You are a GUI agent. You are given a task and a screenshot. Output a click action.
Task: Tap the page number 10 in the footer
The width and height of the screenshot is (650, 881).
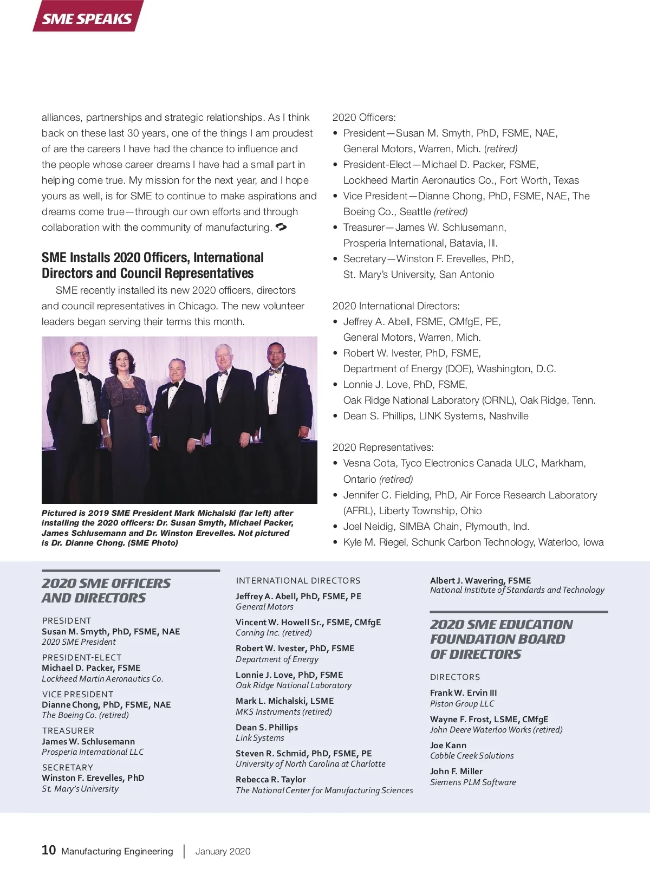point(48,850)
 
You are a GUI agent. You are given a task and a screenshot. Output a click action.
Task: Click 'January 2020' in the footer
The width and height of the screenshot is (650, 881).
point(223,851)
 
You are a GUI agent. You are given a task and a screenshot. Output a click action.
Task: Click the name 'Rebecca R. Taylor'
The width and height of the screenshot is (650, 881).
point(271,779)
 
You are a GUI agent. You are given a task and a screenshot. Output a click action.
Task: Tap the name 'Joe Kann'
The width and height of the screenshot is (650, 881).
point(448,745)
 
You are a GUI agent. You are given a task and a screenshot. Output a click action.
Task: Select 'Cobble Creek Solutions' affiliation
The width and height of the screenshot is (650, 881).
point(472,755)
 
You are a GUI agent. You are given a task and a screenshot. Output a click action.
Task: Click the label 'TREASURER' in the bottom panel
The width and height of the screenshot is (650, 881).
point(68,730)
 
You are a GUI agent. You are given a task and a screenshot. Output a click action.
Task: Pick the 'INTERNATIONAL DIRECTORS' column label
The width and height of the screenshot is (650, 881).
point(298,580)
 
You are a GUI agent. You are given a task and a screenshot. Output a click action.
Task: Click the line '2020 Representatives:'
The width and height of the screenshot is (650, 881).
point(383,448)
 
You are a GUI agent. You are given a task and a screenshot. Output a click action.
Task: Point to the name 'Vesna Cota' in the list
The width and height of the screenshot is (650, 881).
point(369,463)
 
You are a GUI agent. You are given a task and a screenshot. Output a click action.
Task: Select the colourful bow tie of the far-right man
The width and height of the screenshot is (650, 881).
point(276,371)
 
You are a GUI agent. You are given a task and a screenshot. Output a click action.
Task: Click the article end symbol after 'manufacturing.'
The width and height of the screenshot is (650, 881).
point(281,227)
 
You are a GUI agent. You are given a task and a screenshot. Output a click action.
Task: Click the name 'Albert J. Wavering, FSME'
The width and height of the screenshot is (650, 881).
point(480,580)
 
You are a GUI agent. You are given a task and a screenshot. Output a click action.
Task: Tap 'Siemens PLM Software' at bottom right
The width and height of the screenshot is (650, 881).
point(473,782)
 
